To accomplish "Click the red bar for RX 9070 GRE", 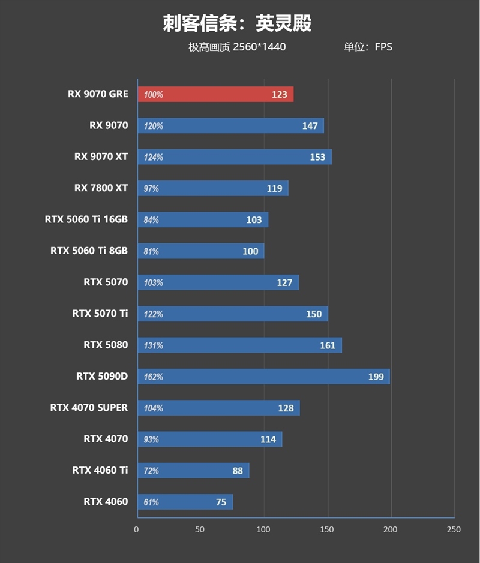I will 215,94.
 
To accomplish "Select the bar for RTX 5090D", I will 263,377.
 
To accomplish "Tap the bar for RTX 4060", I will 185,502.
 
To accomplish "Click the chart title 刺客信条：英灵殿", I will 237,23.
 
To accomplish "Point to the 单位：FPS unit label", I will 368,47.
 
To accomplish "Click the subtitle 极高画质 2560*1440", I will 237,47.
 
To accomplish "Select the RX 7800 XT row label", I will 101,188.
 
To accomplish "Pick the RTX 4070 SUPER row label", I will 89,408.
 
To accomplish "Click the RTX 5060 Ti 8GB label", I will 89,251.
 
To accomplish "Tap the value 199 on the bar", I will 376,377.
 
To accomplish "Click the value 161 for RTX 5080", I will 328,345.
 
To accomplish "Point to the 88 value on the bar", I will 238,471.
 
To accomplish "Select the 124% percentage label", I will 153,157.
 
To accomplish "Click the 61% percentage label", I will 151,502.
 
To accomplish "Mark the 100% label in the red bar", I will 153,95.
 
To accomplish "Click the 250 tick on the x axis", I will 454,529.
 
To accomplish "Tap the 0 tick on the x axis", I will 137,529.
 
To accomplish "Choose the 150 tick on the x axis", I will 327,529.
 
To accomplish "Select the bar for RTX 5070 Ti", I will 233,314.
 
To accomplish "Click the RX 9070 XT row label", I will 101,157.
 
